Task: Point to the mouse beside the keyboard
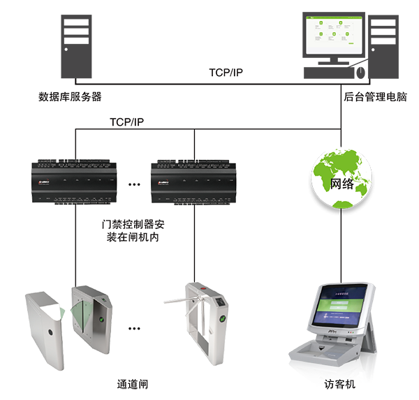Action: tap(361, 72)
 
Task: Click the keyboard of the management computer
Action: tap(328, 73)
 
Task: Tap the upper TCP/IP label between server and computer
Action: tap(226, 73)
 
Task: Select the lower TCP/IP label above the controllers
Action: tap(126, 121)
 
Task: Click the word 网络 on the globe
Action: tap(341, 184)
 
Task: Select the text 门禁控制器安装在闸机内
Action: tap(133, 232)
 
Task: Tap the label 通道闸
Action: tap(133, 385)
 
